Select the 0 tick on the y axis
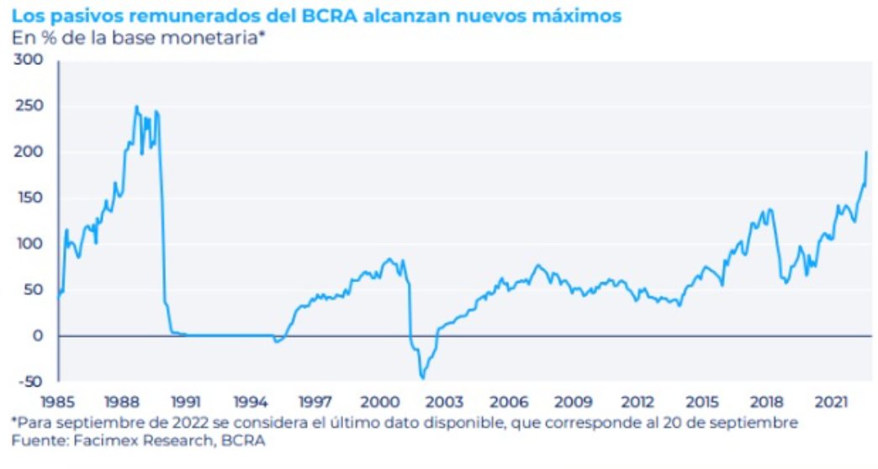[37, 336]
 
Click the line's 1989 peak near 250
[136, 107]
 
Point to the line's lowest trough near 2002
[422, 378]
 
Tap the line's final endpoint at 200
[866, 152]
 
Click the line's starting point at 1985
[58, 297]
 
